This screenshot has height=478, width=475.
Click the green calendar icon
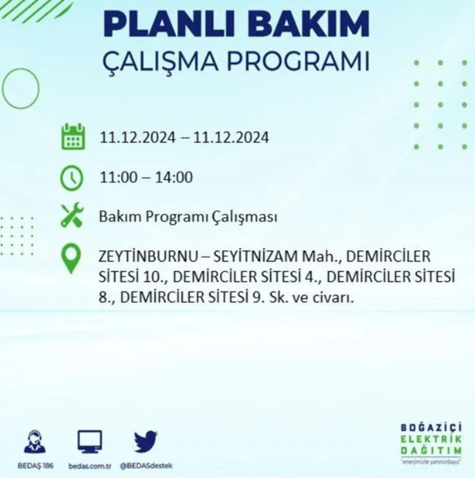pyautogui.click(x=73, y=138)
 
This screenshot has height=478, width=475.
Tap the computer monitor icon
pyautogui.click(x=90, y=442)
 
